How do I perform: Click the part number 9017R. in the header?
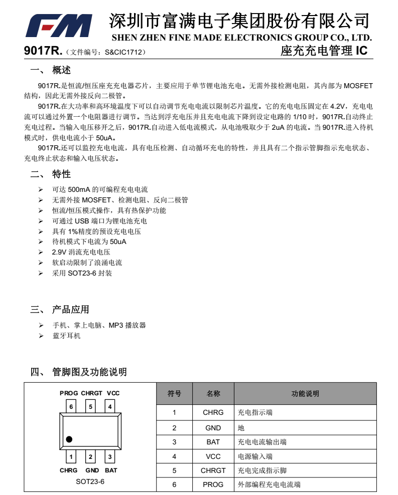pyautogui.click(x=43, y=51)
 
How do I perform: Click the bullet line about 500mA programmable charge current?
pyautogui.click(x=100, y=190)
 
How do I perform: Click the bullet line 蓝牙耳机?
pyautogui.click(x=66, y=336)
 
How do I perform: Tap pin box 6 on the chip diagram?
pyautogui.click(x=71, y=406)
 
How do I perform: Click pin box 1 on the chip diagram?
pyautogui.click(x=71, y=456)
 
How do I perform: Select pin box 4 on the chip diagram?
pyautogui.click(x=110, y=406)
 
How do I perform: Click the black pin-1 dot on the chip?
pyautogui.click(x=69, y=439)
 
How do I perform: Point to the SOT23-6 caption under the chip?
pyautogui.click(x=90, y=481)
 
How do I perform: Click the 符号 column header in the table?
pyautogui.click(x=174, y=394)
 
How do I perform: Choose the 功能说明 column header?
pyautogui.click(x=305, y=394)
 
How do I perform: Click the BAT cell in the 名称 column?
pyautogui.click(x=213, y=442)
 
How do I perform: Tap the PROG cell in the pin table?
pyautogui.click(x=213, y=484)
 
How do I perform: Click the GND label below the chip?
pyautogui.click(x=92, y=470)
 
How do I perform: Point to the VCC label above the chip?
pyautogui.click(x=113, y=393)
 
